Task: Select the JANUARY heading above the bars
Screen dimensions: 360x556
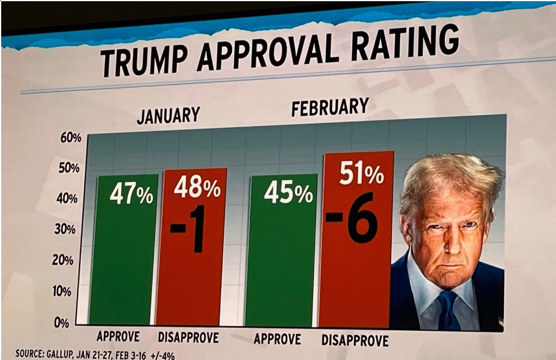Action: click(168, 115)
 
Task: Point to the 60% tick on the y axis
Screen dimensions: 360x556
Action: click(70, 137)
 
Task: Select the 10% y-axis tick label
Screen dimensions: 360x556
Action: click(63, 291)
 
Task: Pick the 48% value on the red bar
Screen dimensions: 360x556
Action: click(197, 187)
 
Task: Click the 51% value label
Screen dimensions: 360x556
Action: click(361, 173)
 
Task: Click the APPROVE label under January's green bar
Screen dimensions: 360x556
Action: click(118, 336)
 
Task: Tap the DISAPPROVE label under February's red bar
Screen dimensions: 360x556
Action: click(355, 341)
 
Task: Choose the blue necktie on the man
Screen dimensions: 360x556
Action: click(447, 309)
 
